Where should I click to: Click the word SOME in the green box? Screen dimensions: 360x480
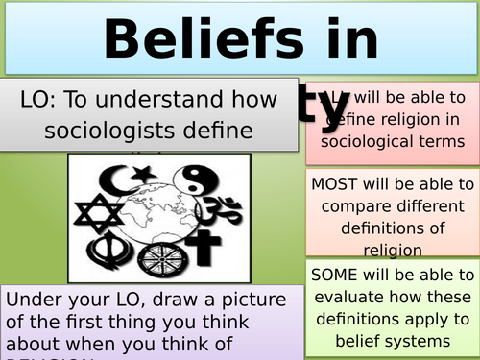pos(332,276)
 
